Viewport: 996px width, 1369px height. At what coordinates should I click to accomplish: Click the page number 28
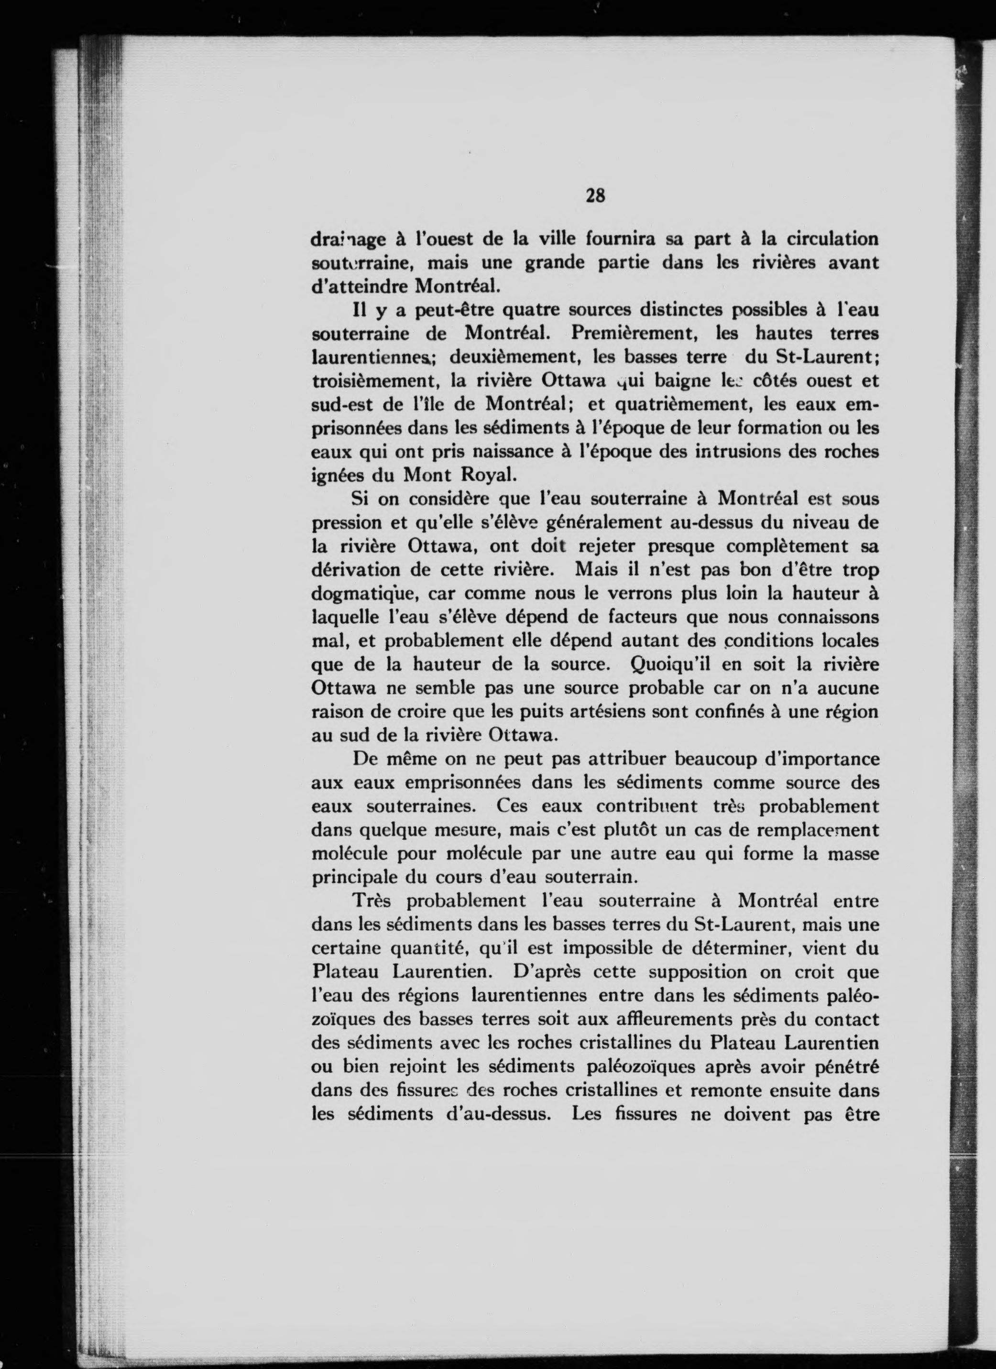(595, 196)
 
